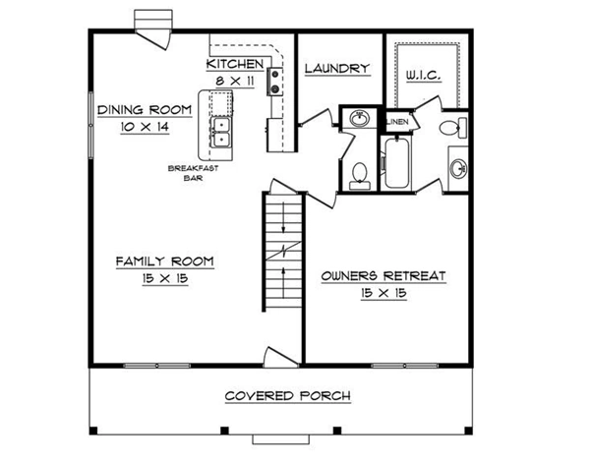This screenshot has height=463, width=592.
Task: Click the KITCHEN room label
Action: coord(235,64)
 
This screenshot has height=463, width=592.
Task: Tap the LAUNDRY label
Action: coord(337,69)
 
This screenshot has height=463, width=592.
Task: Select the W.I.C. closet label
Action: coord(424,75)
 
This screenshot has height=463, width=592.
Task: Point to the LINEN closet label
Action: coord(397,122)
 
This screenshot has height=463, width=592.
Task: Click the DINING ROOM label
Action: coord(145,110)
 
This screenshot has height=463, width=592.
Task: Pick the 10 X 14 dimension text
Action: coord(145,127)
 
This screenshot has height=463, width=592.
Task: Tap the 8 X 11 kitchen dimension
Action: coord(235,81)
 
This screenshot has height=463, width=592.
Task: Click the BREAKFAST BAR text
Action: coord(194,173)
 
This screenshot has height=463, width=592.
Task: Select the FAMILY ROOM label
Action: coord(164,261)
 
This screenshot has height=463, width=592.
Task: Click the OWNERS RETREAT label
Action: coord(384,276)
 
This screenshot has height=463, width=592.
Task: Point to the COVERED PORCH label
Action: coord(288,396)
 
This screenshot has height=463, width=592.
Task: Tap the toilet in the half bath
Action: coord(360,176)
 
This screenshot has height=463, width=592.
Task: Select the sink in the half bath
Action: coord(359,119)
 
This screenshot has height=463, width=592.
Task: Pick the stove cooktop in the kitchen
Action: coord(275,82)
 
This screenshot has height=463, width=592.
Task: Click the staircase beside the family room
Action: coord(283,252)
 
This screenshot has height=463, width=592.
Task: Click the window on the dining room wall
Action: coord(91,125)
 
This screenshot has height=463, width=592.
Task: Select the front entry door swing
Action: coord(279,357)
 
